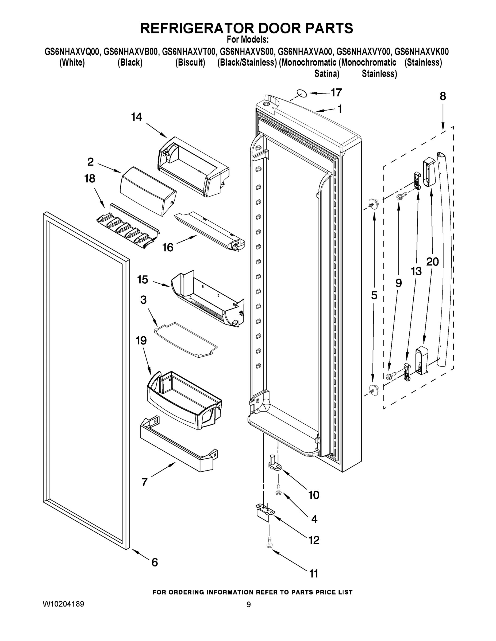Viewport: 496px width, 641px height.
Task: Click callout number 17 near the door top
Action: point(336,92)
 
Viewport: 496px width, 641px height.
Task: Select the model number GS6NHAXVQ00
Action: point(72,52)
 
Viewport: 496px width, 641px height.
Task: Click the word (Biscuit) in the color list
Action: point(190,62)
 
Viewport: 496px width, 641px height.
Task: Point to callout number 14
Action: point(136,117)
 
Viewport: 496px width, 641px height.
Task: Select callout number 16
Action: point(168,247)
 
